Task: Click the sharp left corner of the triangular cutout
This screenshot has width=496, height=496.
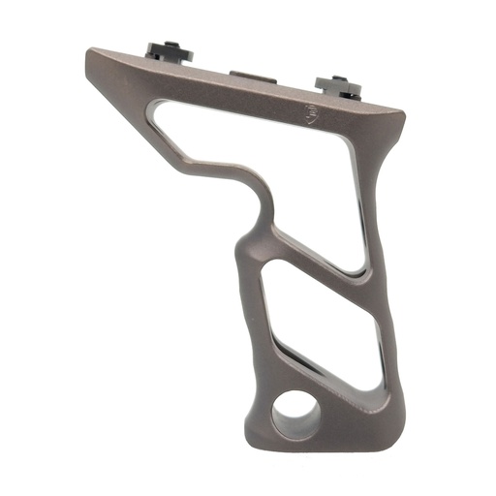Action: (x=154, y=108)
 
